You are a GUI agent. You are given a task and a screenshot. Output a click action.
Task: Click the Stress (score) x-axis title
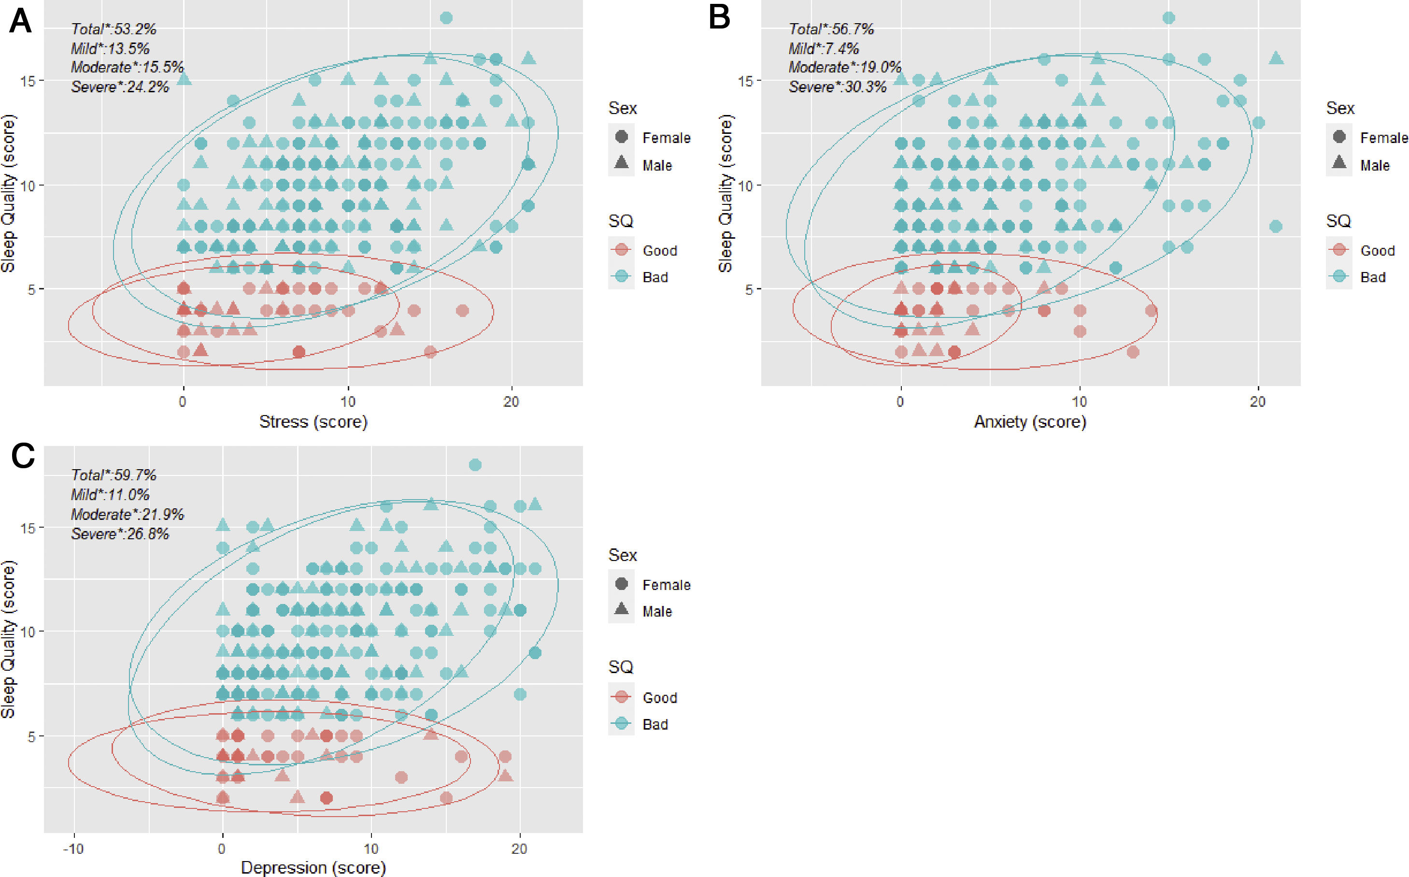[x=313, y=422]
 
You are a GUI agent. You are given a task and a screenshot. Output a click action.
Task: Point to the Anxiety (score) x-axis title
[x=1030, y=422]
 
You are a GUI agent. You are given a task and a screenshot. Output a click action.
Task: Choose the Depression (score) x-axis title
[x=313, y=867]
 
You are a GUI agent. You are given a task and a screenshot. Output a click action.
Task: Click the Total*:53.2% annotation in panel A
[x=114, y=29]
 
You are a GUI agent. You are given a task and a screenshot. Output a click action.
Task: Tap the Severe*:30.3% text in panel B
[x=837, y=87]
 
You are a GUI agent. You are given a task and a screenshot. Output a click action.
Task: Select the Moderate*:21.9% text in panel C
[x=128, y=515]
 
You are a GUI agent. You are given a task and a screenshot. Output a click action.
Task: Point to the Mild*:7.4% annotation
[x=824, y=48]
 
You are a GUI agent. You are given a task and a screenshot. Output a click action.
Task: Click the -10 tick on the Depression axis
[x=73, y=848]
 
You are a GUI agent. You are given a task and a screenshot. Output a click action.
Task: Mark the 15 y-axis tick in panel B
[x=746, y=81]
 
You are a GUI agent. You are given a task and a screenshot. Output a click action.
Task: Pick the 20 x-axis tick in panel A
[x=511, y=402]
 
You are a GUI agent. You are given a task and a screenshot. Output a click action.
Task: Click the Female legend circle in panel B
[x=1339, y=137]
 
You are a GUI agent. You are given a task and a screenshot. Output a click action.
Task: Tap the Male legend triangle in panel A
[x=621, y=164]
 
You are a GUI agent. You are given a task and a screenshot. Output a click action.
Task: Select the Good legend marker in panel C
[x=621, y=697]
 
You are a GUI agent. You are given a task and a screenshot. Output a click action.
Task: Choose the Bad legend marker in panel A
[x=621, y=277]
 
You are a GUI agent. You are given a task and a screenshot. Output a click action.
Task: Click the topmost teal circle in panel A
[x=446, y=18]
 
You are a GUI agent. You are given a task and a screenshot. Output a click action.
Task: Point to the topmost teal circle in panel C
[x=475, y=465]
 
